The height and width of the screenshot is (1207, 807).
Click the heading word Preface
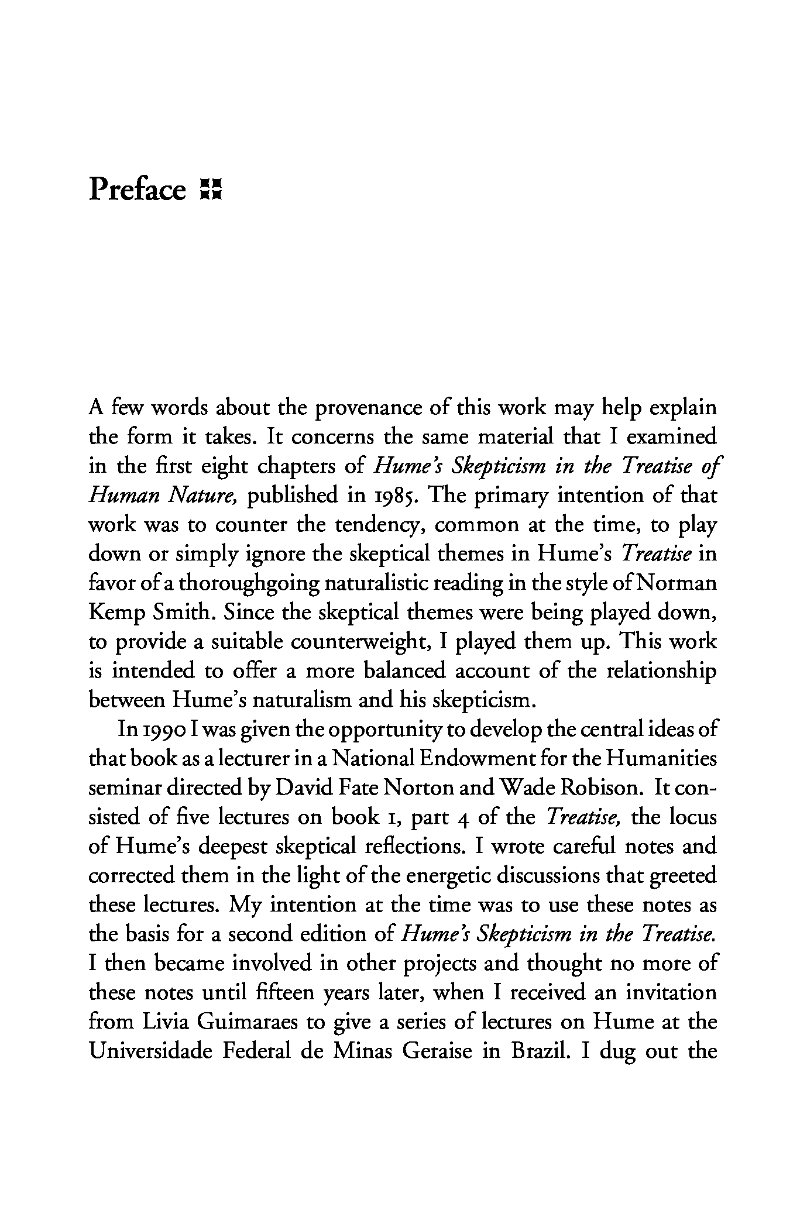136,190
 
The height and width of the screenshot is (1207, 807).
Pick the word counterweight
364,642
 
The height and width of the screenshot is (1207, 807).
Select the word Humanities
661,759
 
